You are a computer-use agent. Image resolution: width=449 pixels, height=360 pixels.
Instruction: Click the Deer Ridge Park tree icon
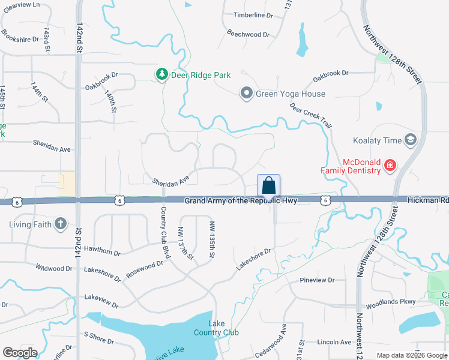[161, 75]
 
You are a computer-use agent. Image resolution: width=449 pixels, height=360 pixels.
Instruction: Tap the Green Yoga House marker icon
[246, 93]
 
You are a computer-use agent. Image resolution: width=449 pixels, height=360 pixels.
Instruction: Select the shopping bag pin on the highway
[268, 185]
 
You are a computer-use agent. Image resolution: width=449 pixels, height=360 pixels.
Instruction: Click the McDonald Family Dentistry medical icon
[390, 164]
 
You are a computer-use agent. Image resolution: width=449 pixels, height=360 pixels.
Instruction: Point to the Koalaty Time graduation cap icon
[411, 140]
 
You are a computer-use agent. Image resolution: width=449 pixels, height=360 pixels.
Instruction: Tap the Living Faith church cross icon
[60, 224]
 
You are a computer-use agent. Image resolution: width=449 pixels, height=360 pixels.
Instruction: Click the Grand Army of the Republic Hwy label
[241, 201]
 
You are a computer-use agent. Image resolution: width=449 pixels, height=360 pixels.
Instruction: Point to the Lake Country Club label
[216, 328]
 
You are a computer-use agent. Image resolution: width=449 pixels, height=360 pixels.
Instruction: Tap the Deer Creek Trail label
[310, 114]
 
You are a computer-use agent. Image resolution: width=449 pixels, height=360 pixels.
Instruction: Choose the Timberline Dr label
[253, 16]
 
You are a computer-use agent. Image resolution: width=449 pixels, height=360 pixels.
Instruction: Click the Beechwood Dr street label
[248, 34]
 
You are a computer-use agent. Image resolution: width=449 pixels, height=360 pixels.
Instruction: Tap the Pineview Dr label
[317, 280]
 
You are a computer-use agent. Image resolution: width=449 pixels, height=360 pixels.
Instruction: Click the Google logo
[20, 353]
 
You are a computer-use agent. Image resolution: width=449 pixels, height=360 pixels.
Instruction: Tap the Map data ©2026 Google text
[411, 355]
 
